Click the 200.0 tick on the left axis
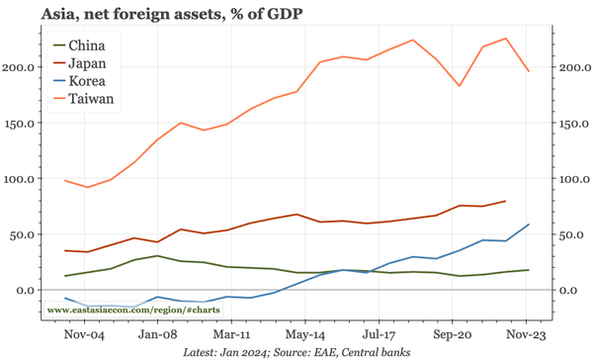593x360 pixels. [x=25, y=67]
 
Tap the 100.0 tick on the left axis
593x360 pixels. [x=25, y=179]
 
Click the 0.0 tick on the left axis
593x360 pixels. [x=31, y=290]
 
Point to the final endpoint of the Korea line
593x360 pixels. [x=529, y=225]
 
